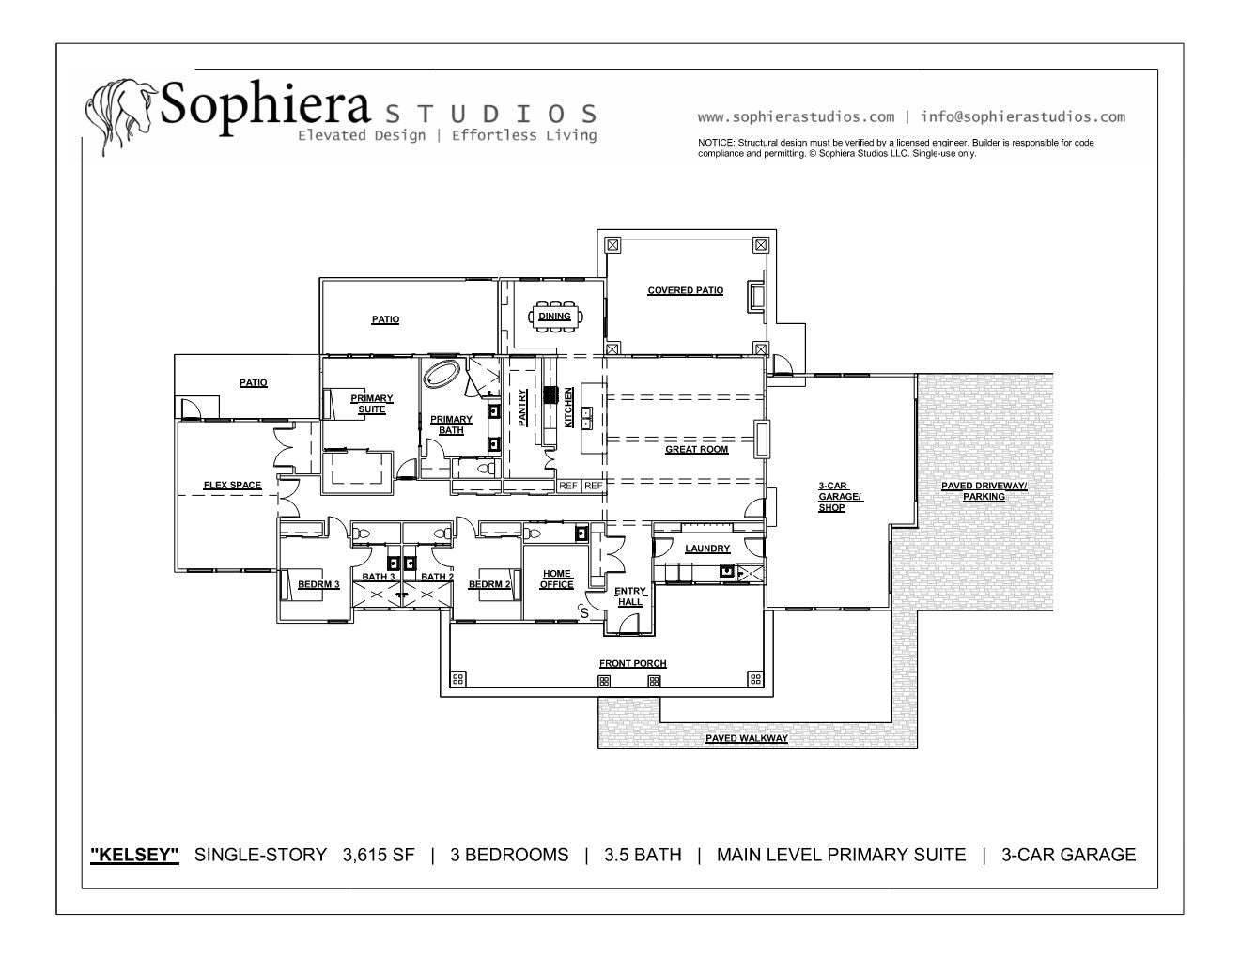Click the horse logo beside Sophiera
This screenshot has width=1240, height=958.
coord(121,116)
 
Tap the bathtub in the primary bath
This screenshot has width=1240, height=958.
coord(442,375)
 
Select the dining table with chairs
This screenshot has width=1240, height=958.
coord(555,317)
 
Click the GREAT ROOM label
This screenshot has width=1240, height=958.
coord(696,450)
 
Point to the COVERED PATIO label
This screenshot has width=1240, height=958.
coord(686,290)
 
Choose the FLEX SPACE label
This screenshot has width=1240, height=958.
coord(232,485)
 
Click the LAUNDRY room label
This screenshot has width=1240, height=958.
coord(707,549)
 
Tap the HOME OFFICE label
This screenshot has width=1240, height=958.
coord(556,579)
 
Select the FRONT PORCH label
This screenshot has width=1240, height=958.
coord(633,664)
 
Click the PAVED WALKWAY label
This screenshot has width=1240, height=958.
coord(747,738)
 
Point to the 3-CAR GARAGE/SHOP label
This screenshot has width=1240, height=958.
coord(841,497)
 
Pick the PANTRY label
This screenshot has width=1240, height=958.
coord(522,408)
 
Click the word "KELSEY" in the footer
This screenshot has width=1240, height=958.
coord(134,855)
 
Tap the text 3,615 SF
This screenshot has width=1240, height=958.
coord(379,855)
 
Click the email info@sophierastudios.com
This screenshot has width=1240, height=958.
coord(1023,117)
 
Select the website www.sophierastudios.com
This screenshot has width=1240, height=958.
coord(796,117)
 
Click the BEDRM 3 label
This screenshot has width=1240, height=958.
coord(318,584)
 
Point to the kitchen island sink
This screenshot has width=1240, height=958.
coord(586,418)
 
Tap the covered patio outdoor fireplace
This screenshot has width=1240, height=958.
coord(756,296)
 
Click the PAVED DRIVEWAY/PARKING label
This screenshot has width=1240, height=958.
coord(984,491)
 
